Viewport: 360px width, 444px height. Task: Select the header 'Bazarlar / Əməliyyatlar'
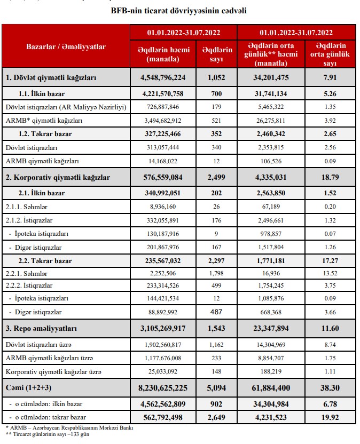pyautogui.click(x=66, y=46)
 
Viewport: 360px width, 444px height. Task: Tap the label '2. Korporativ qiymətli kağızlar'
pyautogui.click(x=57, y=177)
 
